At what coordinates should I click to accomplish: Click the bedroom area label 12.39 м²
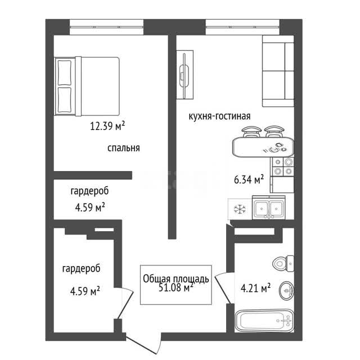coord(107,126)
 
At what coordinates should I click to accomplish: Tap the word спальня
coord(124,148)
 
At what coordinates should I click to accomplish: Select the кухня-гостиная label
coord(219,116)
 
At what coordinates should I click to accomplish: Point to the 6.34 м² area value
coord(249,179)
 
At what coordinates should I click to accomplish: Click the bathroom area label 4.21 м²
coord(255,287)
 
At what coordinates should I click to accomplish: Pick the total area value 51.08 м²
coord(176,287)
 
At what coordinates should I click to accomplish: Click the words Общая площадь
coord(176,279)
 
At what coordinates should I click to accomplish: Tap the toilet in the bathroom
coord(283,263)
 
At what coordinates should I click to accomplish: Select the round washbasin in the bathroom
coord(286,290)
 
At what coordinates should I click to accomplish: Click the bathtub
coord(264,321)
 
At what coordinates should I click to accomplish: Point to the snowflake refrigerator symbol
coord(240,209)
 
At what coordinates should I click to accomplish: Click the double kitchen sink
coord(269,208)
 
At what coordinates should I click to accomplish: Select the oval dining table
coord(263,147)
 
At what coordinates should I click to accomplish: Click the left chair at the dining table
coord(251,132)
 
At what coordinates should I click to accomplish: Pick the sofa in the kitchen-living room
coord(278,71)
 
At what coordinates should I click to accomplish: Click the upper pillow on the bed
coord(65,73)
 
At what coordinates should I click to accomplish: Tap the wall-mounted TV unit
coord(185,75)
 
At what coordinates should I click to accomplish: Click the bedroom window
coord(106,27)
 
